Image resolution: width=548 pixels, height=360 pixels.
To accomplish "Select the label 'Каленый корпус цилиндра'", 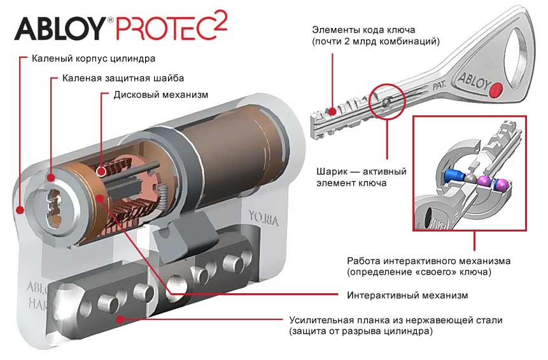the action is pos(94,59).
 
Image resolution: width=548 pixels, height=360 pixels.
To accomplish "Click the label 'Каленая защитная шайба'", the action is pos(123,78).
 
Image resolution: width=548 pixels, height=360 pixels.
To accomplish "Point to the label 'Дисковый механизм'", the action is pos(161,95).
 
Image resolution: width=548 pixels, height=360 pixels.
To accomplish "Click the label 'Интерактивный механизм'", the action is pos(407,295).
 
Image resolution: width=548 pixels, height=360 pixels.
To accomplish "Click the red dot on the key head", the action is pos(496,90).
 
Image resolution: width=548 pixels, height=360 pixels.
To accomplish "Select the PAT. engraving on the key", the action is pos(439,85).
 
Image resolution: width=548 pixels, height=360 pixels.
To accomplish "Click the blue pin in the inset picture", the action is pos(453,176).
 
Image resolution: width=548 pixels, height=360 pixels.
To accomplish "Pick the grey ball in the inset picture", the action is pos(470,179).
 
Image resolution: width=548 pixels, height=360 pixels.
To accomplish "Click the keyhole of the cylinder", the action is pos(54,208).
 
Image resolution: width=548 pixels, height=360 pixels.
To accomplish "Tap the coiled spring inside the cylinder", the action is pos(163,197).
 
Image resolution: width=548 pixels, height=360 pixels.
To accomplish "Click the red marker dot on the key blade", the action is pos(332,112).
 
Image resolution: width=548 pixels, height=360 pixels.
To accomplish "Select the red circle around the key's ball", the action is pos(387,101).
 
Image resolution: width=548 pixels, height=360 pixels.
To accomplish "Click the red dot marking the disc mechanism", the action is pos(102,172).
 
